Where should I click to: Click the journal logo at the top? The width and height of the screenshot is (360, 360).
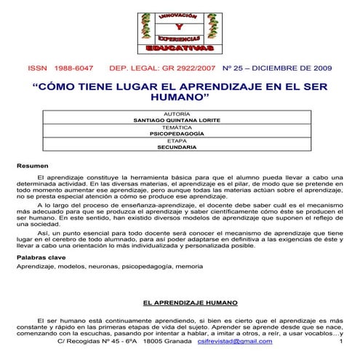[179, 32]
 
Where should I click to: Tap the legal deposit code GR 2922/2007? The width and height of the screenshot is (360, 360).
[185, 68]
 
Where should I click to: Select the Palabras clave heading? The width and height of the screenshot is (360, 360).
[42, 257]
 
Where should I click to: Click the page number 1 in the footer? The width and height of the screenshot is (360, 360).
[340, 341]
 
